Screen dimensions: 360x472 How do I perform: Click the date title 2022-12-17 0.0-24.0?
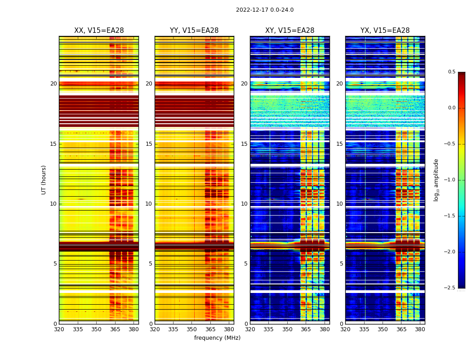265,10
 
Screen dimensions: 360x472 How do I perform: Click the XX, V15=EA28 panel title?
99,31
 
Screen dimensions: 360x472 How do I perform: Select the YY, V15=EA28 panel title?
194,31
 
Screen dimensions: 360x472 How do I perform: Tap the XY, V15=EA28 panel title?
289,31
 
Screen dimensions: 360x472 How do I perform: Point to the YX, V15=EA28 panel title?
385,31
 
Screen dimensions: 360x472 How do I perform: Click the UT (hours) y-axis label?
44,180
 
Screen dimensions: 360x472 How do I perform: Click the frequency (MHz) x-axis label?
217,338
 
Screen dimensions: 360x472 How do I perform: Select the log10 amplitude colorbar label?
436,180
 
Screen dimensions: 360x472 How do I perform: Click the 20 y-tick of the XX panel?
53,84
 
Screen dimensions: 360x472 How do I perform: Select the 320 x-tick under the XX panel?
59,329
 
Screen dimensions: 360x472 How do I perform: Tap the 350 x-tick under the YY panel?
192,329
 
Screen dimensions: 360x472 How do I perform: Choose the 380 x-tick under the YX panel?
420,329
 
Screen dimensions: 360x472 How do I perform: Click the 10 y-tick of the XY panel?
244,204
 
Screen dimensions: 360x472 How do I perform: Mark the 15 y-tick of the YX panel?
339,144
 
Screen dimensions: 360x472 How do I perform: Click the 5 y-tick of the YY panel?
151,264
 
